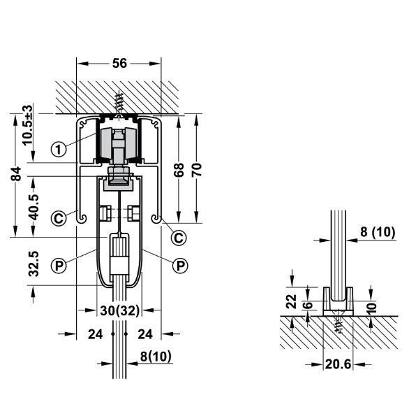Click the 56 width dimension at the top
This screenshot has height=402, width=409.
[119, 63]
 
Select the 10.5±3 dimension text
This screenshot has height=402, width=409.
[27, 125]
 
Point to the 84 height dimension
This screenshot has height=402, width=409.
[15, 173]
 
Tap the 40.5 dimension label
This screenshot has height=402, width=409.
[33, 208]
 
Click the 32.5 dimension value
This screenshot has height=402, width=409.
[34, 264]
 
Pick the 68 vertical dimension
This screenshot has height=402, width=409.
[179, 170]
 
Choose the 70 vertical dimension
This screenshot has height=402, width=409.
[196, 170]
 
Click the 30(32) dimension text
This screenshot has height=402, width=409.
[120, 310]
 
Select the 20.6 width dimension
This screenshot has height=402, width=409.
[338, 364]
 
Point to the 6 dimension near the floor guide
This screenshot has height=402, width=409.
[308, 305]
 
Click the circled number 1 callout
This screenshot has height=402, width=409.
[59, 149]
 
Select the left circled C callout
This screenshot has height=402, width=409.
[59, 218]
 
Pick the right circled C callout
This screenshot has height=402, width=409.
[179, 238]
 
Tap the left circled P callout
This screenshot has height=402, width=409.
[59, 266]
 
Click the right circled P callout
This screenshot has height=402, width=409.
[180, 266]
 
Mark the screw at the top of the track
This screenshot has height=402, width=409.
[119, 104]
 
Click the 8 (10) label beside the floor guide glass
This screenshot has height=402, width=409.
[378, 232]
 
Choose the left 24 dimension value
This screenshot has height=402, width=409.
[96, 334]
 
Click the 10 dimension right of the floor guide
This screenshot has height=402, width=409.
[373, 308]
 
